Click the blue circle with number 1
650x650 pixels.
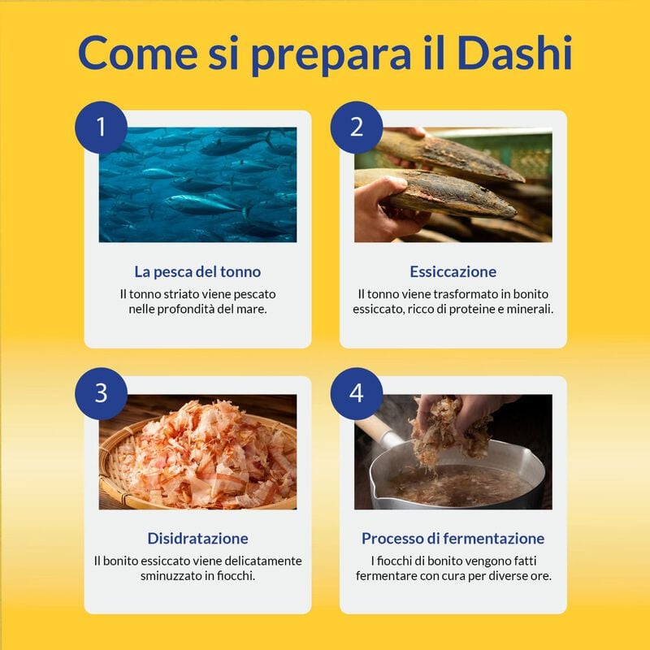(x=101, y=127)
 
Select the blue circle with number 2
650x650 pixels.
(x=356, y=127)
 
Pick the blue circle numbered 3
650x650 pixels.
(x=101, y=392)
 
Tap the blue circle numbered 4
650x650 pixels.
(x=356, y=392)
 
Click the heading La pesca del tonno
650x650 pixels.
(x=197, y=271)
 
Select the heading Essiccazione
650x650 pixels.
(x=453, y=271)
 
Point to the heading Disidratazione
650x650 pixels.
(x=197, y=538)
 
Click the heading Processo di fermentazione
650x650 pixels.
(x=453, y=538)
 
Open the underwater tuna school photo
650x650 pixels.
(x=197, y=184)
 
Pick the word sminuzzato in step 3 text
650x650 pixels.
(x=178, y=575)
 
